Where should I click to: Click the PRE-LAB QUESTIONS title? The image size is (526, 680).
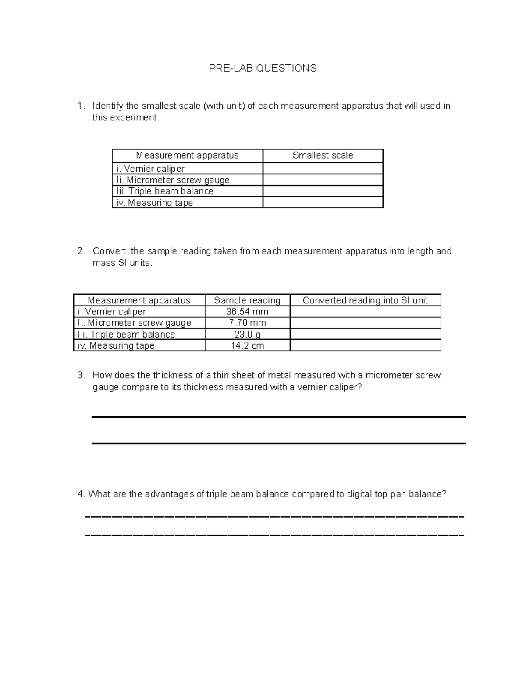[262, 68]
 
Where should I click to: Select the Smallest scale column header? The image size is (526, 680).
[323, 155]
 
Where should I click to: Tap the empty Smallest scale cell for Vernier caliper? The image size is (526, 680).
[323, 169]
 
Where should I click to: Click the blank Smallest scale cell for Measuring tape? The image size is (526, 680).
[323, 202]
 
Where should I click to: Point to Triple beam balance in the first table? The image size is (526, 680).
[165, 191]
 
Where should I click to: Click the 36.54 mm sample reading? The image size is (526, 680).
[247, 312]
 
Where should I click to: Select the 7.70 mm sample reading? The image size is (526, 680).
[247, 323]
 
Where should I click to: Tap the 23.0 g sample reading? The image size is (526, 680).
[247, 335]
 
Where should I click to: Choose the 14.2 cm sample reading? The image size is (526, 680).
[247, 345]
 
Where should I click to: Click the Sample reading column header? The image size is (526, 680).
[247, 300]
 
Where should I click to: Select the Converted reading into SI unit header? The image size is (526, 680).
[365, 300]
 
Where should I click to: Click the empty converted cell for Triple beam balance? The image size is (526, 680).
[365, 334]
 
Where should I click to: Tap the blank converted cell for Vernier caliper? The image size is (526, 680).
[365, 312]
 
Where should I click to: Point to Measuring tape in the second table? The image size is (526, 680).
[116, 345]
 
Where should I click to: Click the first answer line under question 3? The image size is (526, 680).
[278, 417]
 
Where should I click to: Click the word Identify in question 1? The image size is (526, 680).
[108, 106]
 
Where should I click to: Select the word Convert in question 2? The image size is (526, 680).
[109, 251]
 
